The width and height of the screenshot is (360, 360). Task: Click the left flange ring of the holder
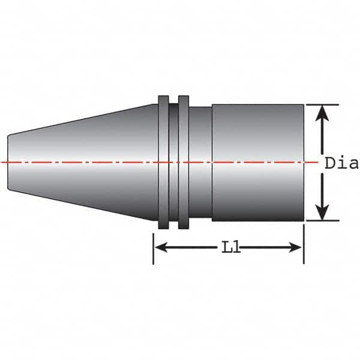point(163,162)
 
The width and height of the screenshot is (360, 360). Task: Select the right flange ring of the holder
point(184,162)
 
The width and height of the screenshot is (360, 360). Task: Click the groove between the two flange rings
point(173,162)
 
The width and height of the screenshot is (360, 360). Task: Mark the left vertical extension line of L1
point(154,246)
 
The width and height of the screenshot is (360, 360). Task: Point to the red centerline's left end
point(4,163)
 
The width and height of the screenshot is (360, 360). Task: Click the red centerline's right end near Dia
point(314,163)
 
